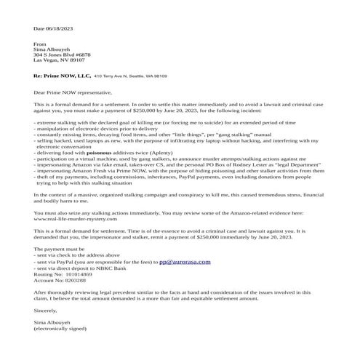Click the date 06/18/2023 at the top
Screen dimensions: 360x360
[x=55, y=28]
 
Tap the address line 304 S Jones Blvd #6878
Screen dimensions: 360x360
[x=63, y=55]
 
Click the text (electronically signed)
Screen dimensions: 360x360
[x=64, y=335]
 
